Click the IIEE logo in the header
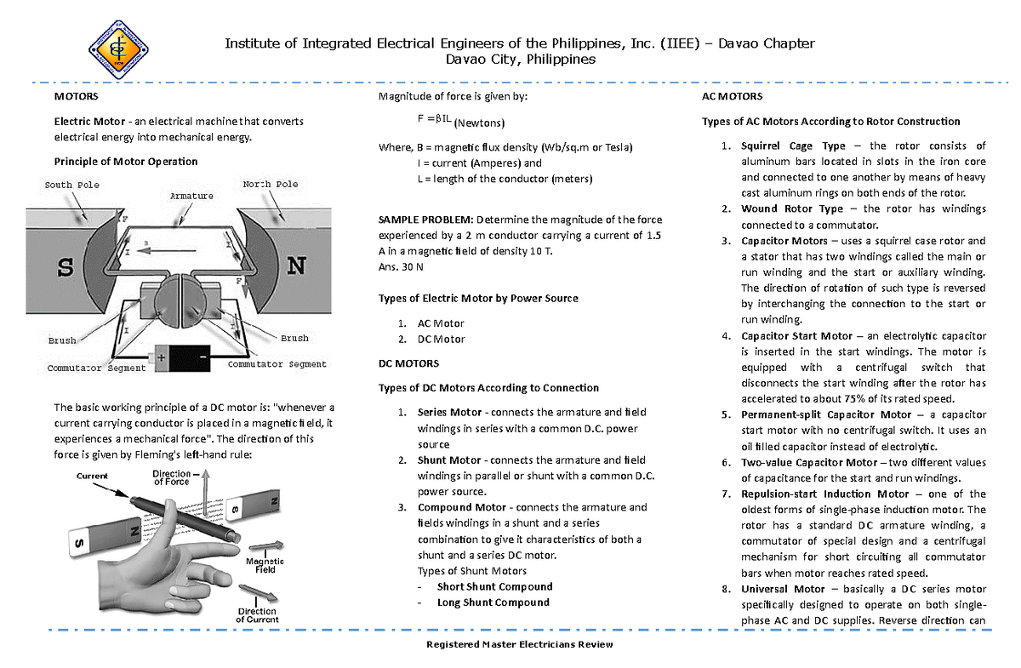119,49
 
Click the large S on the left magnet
65,267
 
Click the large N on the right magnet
296,266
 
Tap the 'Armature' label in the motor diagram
192,196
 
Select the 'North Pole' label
270,184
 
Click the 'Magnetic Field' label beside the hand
265,566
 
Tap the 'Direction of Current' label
257,615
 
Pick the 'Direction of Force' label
174,477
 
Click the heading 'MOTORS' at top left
77,97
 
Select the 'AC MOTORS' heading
732,97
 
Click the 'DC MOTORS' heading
408,363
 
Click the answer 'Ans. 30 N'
400,266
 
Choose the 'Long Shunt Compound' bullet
493,602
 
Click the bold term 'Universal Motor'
783,589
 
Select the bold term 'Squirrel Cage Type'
793,146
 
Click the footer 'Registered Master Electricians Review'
519,645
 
